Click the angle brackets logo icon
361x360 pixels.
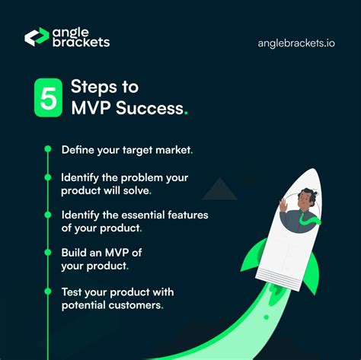click(37, 37)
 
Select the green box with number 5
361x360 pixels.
click(47, 97)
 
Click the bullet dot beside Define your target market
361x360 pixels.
click(47, 149)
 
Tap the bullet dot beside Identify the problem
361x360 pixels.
click(47, 177)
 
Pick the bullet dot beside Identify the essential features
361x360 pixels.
click(47, 215)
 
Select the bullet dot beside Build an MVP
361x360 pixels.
click(47, 253)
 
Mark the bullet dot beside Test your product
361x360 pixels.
click(47, 291)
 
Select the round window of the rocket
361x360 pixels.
click(301, 209)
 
